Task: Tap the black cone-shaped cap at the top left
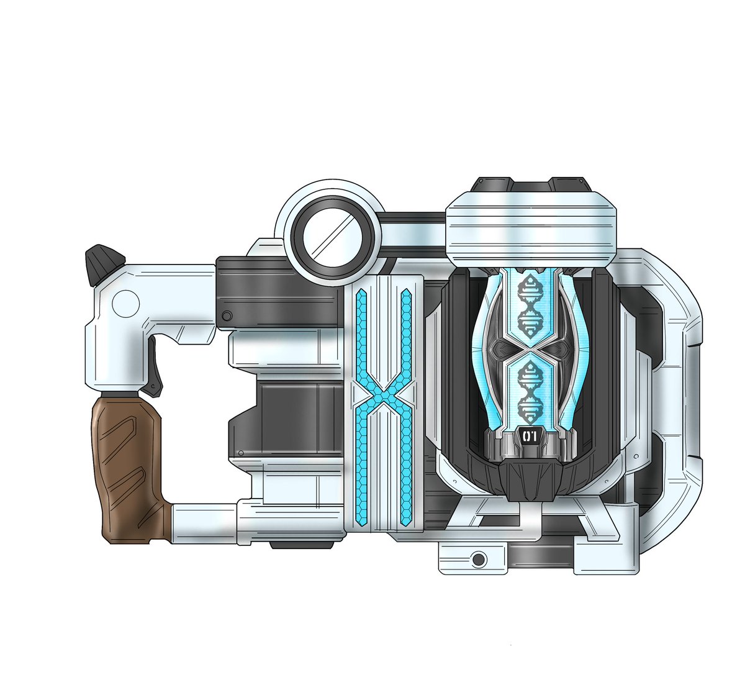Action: [x=105, y=265]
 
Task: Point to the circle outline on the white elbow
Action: [x=126, y=304]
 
